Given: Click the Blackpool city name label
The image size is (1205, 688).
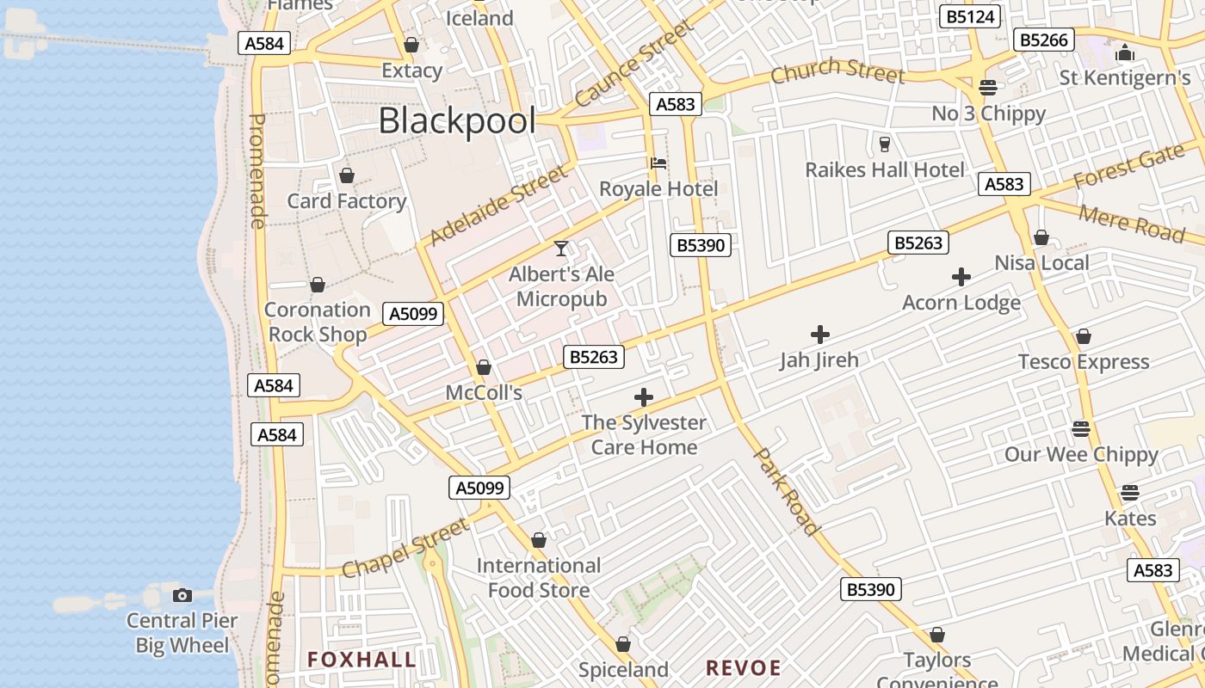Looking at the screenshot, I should (x=457, y=121).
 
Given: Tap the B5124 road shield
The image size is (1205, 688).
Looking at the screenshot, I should (x=970, y=16).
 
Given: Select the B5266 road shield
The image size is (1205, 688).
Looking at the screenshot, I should (x=1043, y=40).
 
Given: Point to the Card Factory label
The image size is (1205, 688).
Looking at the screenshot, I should (x=347, y=201).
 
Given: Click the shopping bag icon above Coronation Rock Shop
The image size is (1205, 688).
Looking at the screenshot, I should (x=318, y=285).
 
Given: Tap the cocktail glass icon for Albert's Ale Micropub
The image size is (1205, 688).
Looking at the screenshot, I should (x=561, y=249).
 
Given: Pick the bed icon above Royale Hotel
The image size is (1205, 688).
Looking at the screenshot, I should (x=658, y=163).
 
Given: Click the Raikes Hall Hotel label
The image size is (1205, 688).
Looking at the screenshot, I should (x=885, y=169).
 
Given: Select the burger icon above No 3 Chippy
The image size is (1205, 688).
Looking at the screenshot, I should (x=988, y=88).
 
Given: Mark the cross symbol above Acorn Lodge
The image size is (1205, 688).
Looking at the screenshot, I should (x=961, y=277).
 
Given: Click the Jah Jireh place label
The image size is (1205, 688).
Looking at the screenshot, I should (x=819, y=359).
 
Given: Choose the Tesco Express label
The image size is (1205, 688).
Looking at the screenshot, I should (x=1084, y=362).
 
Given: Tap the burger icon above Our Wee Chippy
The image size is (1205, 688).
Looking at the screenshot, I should (x=1081, y=428).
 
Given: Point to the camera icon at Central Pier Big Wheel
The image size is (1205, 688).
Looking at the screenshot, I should (x=182, y=595).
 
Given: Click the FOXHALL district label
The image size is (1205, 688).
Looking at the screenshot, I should (x=361, y=660).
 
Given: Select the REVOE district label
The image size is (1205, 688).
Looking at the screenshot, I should (x=744, y=667).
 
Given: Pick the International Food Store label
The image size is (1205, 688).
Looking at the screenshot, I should (x=539, y=578).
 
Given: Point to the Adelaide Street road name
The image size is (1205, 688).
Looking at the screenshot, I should (x=498, y=206).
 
